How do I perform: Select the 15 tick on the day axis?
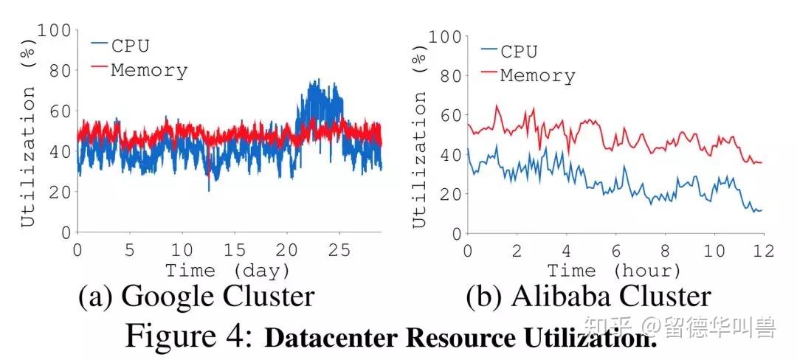[x=234, y=251]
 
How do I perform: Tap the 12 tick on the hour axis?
[x=764, y=251]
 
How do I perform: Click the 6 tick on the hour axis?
[x=615, y=251]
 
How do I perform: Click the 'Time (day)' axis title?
[x=227, y=270]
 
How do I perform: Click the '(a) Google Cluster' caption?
[x=196, y=297]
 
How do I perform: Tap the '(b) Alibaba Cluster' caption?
[x=588, y=297]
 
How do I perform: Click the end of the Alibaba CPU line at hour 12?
[x=761, y=210]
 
